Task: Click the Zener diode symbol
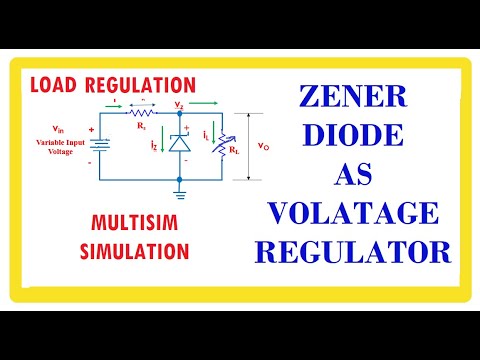pos(180,142)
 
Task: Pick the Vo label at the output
pos(262,146)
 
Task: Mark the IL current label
pos(206,131)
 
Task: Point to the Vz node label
pos(179,104)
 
